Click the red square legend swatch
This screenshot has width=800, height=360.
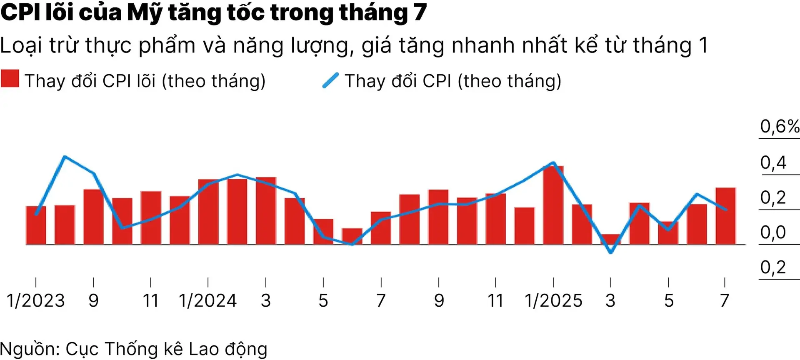click(x=10, y=79)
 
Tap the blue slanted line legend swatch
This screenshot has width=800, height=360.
click(x=330, y=80)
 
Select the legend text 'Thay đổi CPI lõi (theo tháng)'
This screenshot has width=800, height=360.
click(x=145, y=81)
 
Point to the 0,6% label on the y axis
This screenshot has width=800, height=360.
click(x=779, y=126)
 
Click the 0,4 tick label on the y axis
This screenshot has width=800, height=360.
click(x=773, y=162)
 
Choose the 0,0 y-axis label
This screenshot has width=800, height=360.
click(x=773, y=232)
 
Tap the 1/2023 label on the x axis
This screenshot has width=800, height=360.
click(x=36, y=301)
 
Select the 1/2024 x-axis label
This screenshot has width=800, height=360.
click(x=208, y=301)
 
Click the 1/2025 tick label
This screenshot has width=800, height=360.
click(x=553, y=301)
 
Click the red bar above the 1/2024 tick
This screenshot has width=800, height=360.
click(x=208, y=212)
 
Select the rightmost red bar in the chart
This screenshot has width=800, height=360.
click(x=725, y=216)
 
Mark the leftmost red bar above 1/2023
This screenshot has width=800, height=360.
click(x=36, y=225)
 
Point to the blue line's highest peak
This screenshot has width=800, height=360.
click(x=65, y=157)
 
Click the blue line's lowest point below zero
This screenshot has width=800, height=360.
click(x=611, y=252)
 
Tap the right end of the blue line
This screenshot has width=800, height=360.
click(x=726, y=210)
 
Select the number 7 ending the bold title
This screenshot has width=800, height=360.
click(x=420, y=12)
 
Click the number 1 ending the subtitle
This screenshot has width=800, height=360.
click(x=703, y=45)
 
